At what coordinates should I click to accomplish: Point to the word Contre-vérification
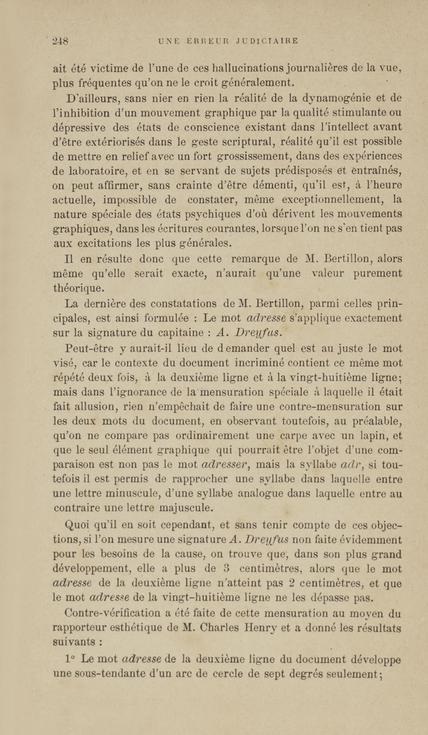112,613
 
